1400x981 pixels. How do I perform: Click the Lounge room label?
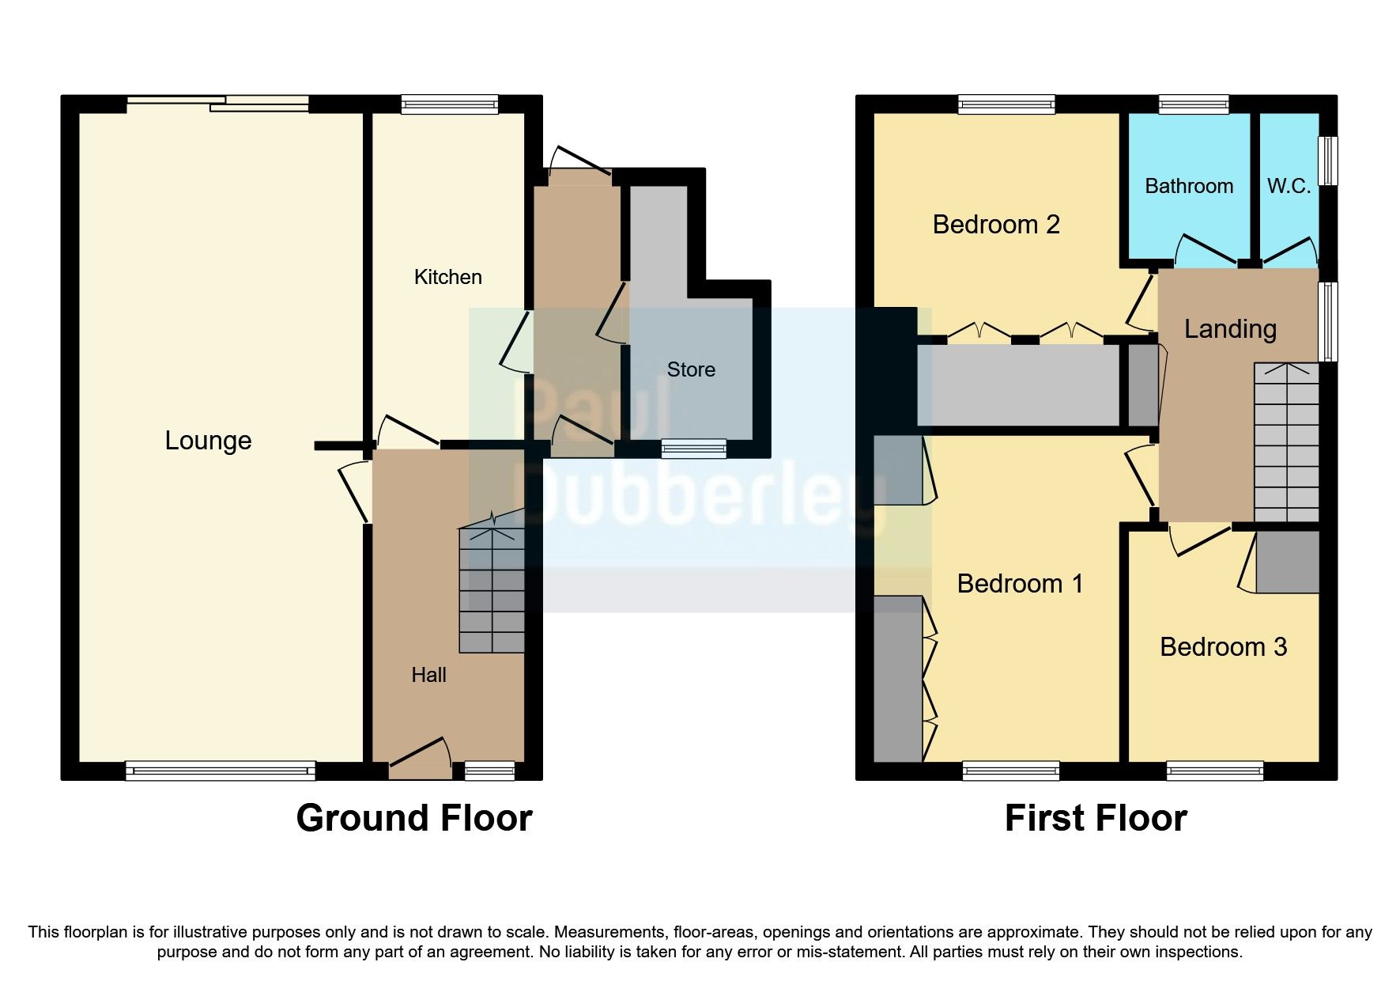coord(208,441)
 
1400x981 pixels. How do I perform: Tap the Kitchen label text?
coord(447,277)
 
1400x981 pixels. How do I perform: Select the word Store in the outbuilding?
coord(691,369)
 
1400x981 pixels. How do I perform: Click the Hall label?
coord(428,675)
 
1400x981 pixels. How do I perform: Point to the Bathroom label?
coord(1188,186)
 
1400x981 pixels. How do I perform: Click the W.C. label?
coord(1289,186)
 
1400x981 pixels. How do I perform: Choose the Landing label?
coord(1230,328)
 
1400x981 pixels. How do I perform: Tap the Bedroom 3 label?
coord(1223,647)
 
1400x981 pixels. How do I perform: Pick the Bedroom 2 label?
coord(995,225)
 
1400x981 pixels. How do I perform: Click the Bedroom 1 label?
coord(1019,584)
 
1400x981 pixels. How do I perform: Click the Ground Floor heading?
coord(414,818)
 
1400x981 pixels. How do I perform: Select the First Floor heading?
coord(1095,818)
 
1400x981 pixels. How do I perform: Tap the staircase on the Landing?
coord(1286,443)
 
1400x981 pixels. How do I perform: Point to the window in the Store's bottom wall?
coord(693,449)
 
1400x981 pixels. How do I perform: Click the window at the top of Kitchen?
coord(449,104)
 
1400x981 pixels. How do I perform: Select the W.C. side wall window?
coord(1329,161)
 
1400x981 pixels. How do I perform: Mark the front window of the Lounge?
coord(220,770)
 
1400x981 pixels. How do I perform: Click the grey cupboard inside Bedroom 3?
coord(1287,562)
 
